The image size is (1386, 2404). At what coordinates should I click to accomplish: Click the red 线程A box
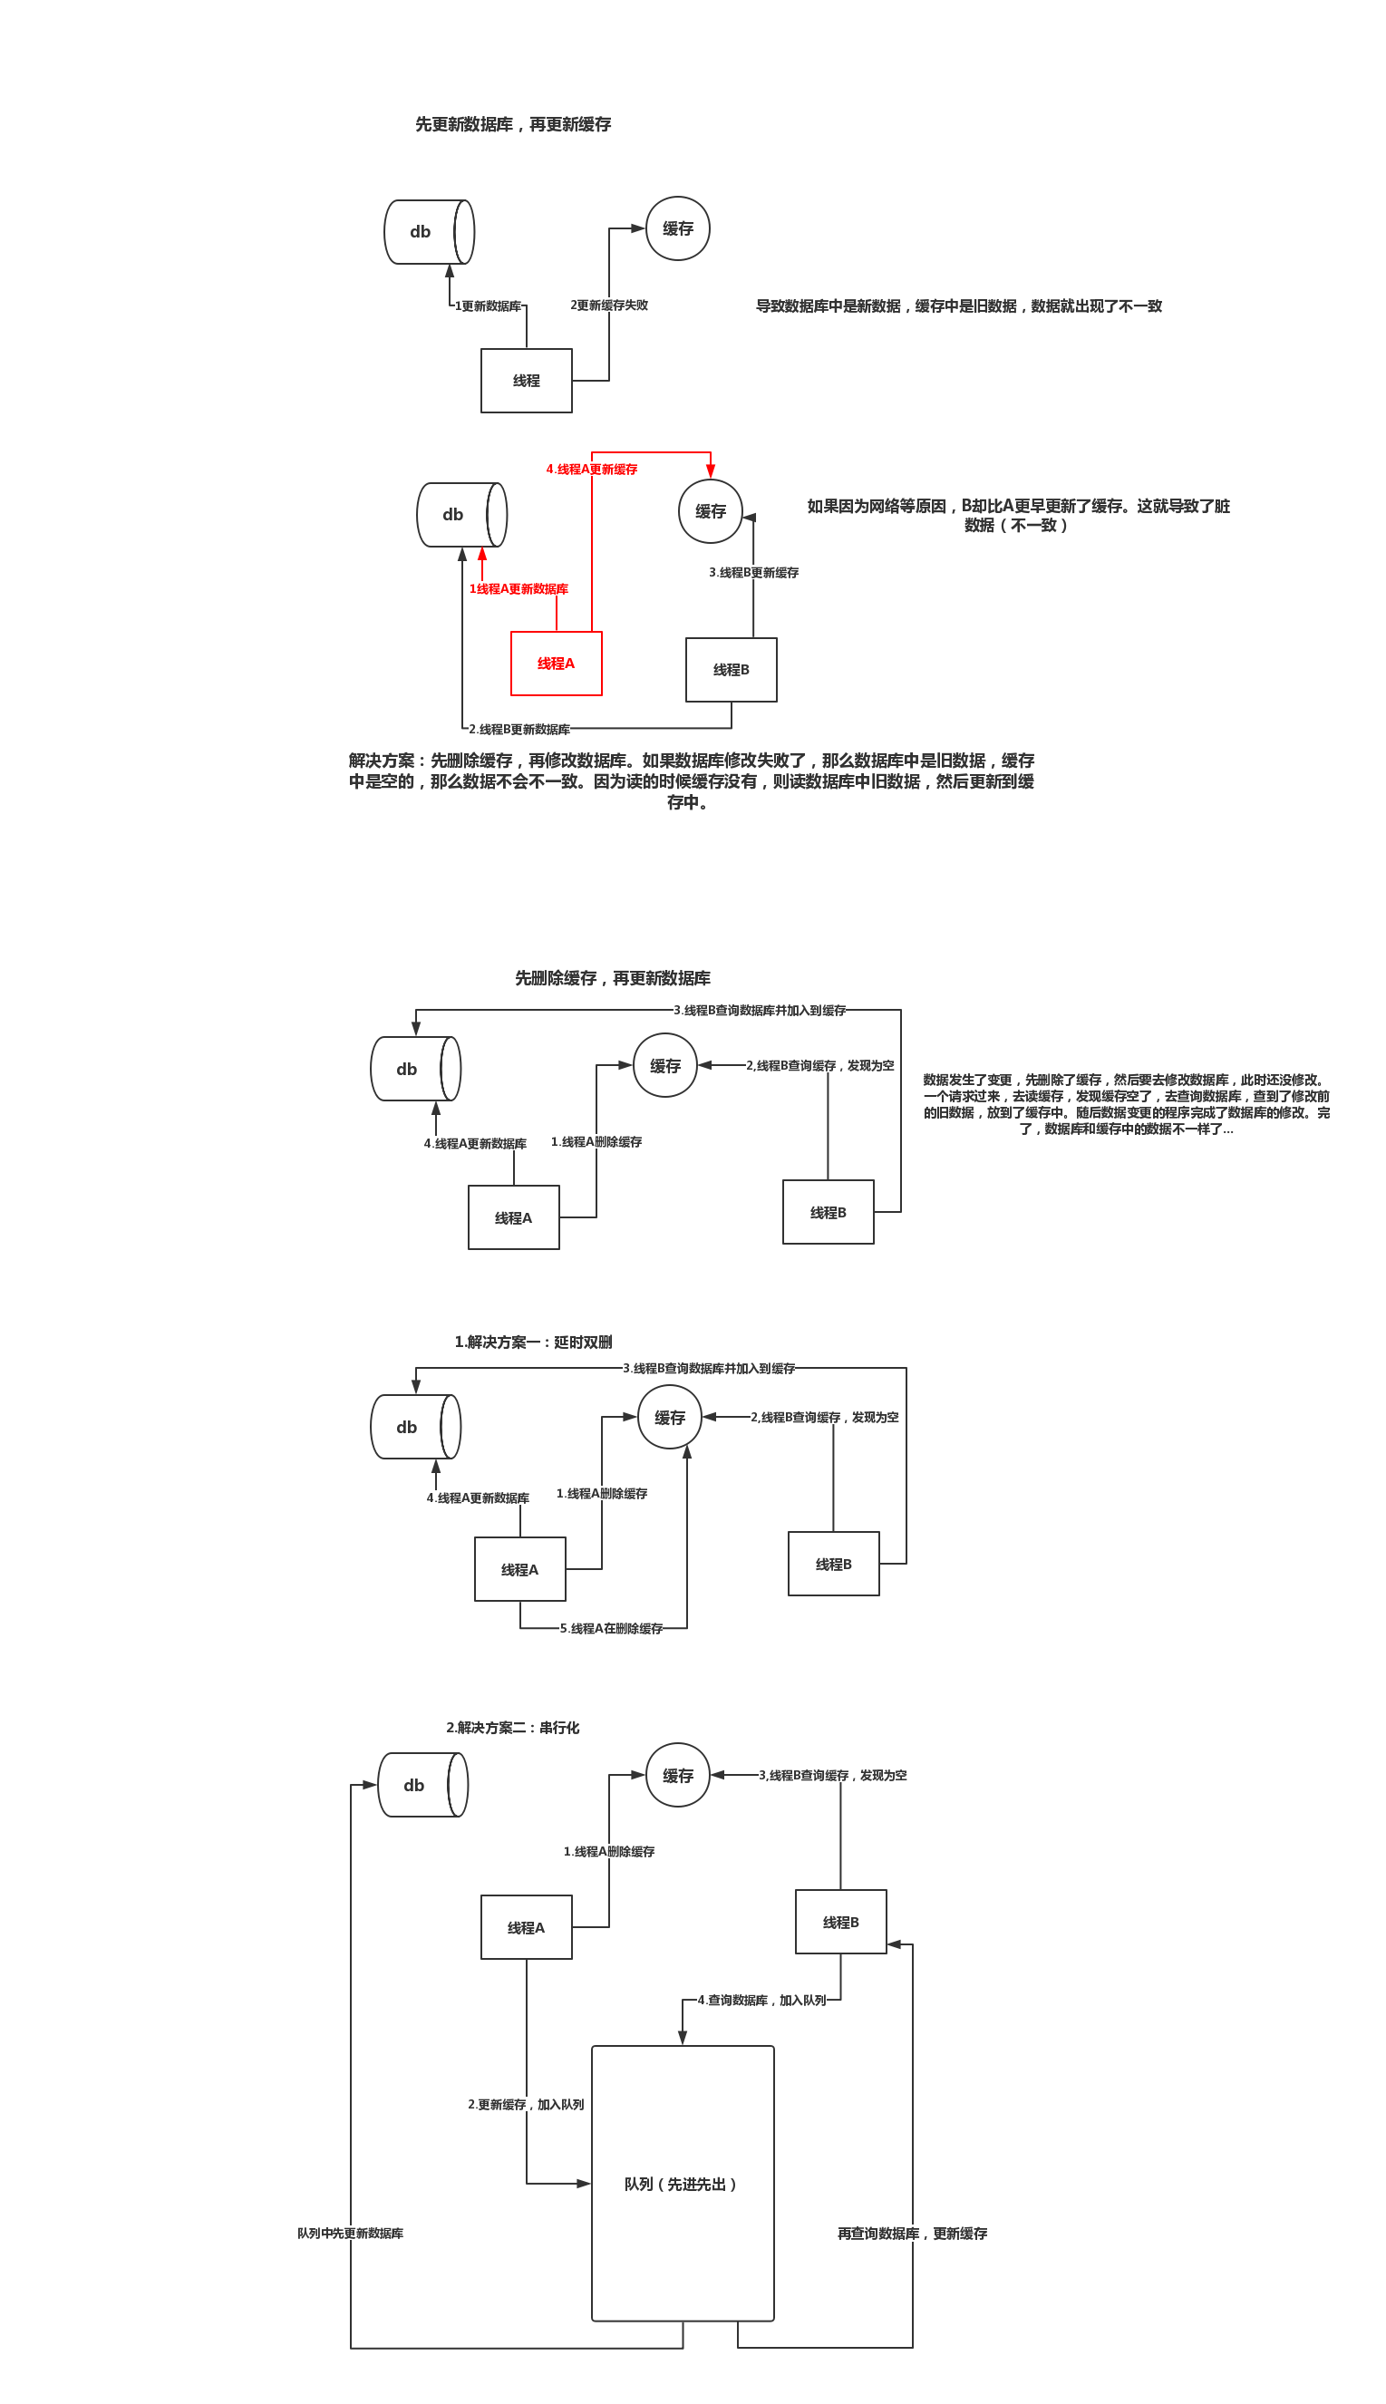pos(556,664)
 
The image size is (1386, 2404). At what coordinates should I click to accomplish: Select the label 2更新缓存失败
pos(609,305)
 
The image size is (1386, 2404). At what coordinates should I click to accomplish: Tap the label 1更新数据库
pos(489,306)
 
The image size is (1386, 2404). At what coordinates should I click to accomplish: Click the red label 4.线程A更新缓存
pos(591,470)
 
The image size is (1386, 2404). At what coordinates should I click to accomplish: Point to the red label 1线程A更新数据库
pos(519,589)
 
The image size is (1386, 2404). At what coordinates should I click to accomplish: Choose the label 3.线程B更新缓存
pos(754,573)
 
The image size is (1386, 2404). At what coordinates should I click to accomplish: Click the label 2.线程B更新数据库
pos(519,730)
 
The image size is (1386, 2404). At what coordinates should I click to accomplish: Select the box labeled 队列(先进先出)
pos(683,2184)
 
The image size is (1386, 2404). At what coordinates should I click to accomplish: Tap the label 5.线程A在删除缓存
pos(611,1628)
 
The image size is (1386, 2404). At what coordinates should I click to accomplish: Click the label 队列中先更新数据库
pos(350,2234)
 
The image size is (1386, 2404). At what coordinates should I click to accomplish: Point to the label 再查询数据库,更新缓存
pos(912,2234)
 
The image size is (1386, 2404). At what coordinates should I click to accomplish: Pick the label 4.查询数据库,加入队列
pos(761,2001)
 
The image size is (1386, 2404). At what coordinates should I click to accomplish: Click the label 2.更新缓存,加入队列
pos(526,2104)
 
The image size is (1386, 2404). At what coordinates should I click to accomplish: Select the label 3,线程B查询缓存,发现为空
pos(833,1775)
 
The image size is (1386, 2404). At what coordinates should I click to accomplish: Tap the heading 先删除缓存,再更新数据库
pos(612,978)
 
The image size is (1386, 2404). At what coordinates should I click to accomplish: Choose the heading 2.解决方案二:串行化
pos(512,1728)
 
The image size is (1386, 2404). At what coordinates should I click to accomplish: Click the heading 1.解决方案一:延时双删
pos(533,1342)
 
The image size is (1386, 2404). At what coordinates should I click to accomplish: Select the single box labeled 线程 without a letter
pos(527,381)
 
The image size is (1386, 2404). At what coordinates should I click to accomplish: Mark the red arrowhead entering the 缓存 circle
pos(710,470)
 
